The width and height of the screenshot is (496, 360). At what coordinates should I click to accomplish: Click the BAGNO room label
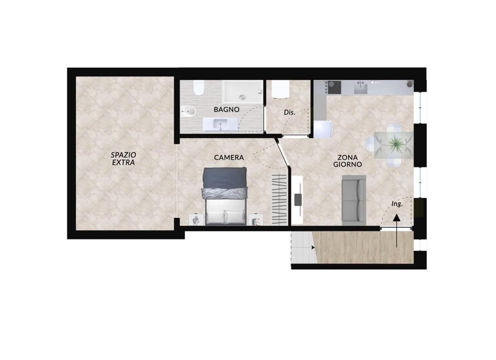227,109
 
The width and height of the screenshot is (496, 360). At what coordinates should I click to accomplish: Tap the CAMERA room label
229,158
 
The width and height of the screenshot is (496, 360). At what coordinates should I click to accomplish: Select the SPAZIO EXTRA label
123,159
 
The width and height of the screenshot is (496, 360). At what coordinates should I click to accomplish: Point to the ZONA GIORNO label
347,161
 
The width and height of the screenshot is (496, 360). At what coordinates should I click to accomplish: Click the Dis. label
290,113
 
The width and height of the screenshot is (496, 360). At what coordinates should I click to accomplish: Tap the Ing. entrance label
397,204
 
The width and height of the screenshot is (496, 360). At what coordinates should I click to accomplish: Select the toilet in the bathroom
199,88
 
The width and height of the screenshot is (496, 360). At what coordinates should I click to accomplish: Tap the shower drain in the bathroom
243,97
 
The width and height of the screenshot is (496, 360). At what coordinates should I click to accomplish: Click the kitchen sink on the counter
361,88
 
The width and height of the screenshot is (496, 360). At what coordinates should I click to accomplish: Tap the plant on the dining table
395,145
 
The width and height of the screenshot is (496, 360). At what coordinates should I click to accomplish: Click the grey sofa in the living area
354,201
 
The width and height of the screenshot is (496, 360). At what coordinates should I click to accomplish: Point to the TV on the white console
298,199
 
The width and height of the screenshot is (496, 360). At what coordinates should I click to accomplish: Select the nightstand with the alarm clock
196,220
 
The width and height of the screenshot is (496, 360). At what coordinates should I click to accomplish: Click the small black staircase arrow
313,247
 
